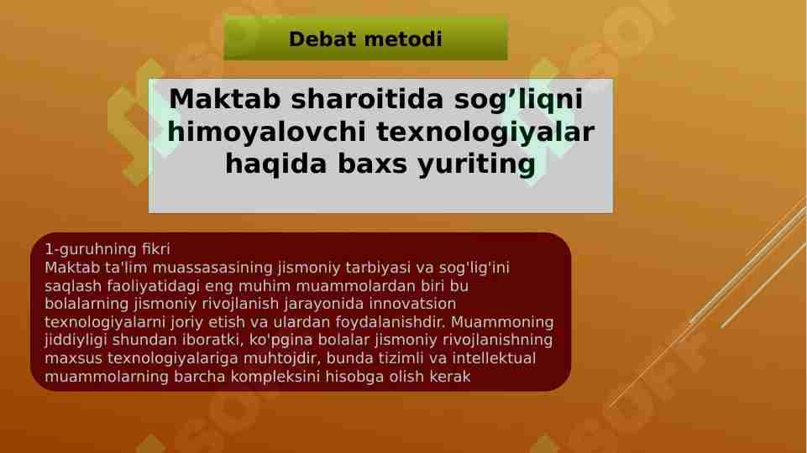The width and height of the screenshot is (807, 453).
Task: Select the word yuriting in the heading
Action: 476,164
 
